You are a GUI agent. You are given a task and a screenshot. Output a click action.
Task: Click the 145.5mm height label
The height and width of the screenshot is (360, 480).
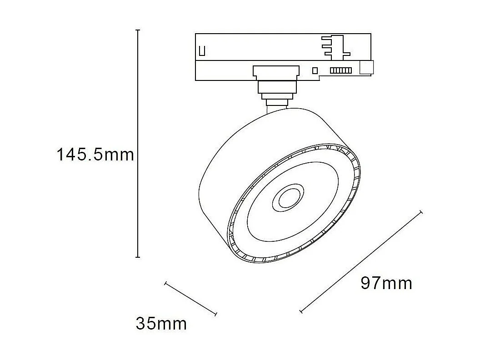[x=95, y=155]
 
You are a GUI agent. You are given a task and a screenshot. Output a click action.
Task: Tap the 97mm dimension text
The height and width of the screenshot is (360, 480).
[x=386, y=283]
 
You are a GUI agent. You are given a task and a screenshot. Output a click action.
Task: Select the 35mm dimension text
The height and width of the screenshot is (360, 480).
[x=161, y=324]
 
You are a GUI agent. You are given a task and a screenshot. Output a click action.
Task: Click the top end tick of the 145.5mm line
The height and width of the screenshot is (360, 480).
[x=138, y=30]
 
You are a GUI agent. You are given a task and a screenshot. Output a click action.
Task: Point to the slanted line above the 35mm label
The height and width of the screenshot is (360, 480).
[x=190, y=299]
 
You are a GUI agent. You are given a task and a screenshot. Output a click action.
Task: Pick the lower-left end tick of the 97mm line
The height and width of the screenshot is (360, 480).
[x=301, y=311]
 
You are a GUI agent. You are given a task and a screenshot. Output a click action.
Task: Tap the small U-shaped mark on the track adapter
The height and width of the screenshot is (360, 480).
[x=203, y=50]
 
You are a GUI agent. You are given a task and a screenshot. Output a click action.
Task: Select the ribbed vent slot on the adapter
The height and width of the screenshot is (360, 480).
[x=340, y=70]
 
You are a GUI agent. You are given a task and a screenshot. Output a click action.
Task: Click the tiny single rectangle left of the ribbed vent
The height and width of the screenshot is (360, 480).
[x=315, y=70]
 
